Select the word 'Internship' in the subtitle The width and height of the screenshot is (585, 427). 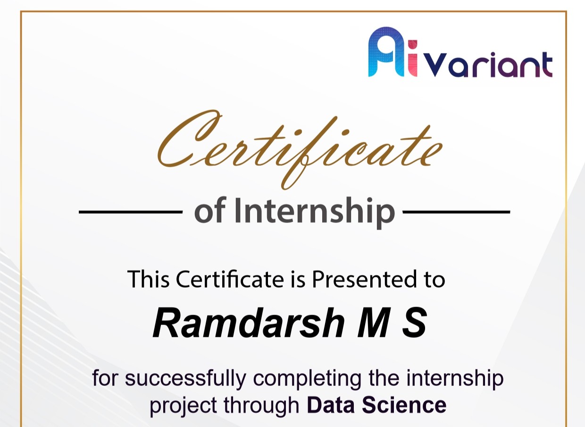[x=314, y=212]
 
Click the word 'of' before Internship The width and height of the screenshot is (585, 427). [x=210, y=212]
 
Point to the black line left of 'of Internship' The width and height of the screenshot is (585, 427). [x=130, y=212]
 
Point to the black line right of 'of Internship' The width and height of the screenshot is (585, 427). [x=456, y=212]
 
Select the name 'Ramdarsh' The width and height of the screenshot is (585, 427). [x=248, y=324]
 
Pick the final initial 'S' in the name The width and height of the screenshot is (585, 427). [x=414, y=324]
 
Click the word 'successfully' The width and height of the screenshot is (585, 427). [x=186, y=379]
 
